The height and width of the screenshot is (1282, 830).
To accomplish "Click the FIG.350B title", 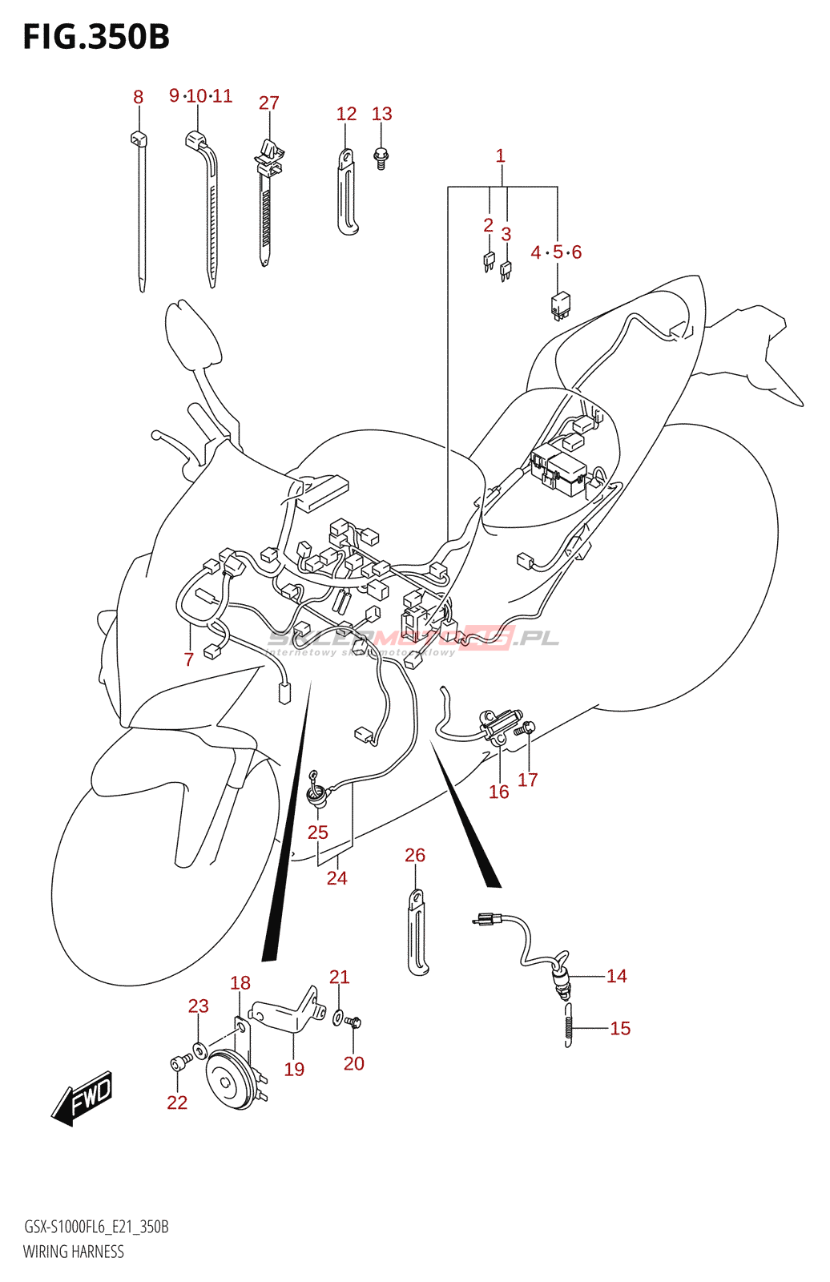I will (96, 37).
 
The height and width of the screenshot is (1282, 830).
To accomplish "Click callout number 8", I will (138, 97).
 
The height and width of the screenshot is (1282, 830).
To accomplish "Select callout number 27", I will (268, 103).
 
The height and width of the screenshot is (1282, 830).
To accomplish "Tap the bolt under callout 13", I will (381, 157).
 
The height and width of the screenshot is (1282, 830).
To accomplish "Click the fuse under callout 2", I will (489, 260).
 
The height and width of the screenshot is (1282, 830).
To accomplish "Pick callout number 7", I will (189, 659).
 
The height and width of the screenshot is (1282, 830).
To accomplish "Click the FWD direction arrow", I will (83, 1097).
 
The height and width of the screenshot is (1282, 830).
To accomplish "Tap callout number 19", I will (294, 1069).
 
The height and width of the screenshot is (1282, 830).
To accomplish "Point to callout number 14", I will (616, 976).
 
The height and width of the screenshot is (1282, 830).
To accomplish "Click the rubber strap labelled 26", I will (417, 933).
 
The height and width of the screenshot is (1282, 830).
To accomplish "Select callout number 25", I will (318, 832).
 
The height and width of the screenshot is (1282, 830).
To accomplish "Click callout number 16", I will (498, 792).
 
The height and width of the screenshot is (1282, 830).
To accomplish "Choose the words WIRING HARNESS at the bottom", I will (74, 1252).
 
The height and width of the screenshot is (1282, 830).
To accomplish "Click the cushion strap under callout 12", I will (347, 192).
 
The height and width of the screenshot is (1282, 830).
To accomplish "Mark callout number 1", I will (501, 155).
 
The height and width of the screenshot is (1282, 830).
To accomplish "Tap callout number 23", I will (198, 1006).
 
